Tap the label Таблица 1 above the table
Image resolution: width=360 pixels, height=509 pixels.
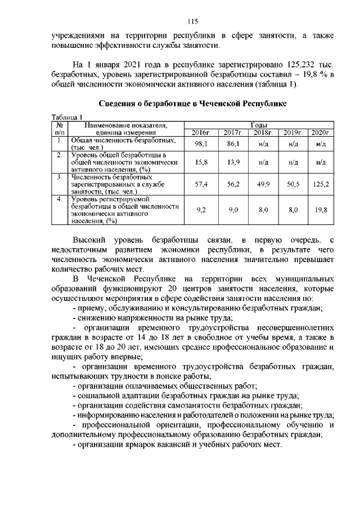pos(67,116)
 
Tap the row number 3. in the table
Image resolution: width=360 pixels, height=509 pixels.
pos(59,177)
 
